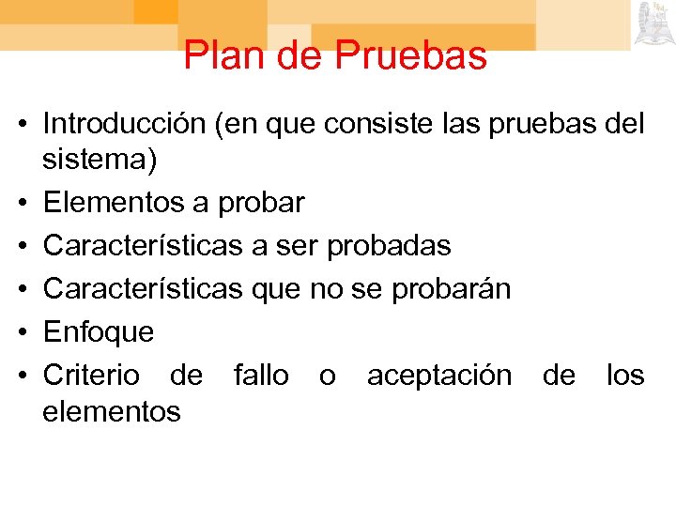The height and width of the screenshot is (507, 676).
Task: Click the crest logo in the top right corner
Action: click(x=653, y=23)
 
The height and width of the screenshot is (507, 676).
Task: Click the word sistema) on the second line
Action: click(x=100, y=160)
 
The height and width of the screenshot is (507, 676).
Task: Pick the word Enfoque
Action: click(x=99, y=332)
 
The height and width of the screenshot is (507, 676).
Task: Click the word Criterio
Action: click(x=92, y=376)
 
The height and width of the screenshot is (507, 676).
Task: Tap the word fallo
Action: click(x=261, y=376)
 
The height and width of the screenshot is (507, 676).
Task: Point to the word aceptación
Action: click(x=439, y=376)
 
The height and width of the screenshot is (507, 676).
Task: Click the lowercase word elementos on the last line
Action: click(x=112, y=410)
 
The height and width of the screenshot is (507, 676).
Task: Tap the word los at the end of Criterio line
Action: click(x=625, y=376)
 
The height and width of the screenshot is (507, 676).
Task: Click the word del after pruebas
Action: click(x=623, y=124)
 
